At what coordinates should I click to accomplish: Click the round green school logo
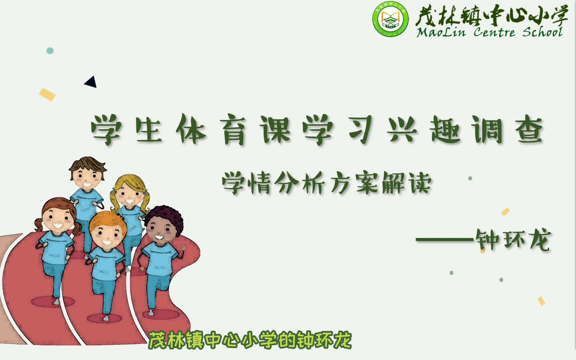[390, 19]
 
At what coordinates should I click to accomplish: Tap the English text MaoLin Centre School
[490, 32]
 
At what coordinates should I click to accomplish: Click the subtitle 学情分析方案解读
[327, 183]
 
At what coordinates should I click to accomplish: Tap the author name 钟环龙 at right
[513, 239]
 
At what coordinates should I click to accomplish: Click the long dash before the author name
[445, 239]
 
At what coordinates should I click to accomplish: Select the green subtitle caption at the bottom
[250, 340]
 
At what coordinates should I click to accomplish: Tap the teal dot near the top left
[50, 51]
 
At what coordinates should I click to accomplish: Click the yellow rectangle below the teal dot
[47, 94]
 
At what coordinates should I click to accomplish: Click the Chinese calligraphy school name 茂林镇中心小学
[491, 15]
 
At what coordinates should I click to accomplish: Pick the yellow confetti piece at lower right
[541, 301]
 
